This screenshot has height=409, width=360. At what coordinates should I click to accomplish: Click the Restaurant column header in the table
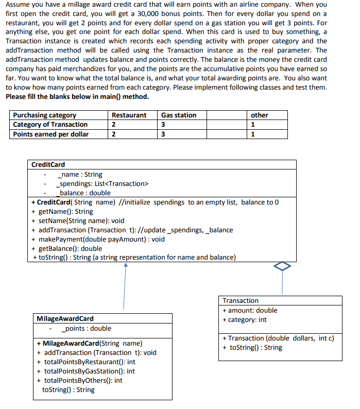click(129, 115)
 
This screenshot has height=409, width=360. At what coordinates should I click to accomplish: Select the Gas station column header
click(179, 115)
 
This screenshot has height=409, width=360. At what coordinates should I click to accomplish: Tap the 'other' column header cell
click(260, 115)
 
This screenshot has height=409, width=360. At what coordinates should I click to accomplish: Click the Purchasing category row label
click(45, 115)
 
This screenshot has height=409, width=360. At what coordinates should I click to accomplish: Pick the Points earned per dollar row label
click(51, 134)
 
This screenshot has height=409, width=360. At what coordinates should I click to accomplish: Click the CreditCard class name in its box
click(48, 165)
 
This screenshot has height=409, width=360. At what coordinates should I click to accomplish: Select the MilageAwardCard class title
click(65, 319)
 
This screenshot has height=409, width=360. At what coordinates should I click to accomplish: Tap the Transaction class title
click(241, 300)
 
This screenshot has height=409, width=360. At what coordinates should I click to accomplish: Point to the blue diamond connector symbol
click(282, 266)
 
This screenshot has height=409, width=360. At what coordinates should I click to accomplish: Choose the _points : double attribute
click(85, 329)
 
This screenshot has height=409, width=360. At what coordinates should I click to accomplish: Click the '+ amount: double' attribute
click(250, 310)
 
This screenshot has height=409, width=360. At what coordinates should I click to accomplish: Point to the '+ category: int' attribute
click(245, 319)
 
